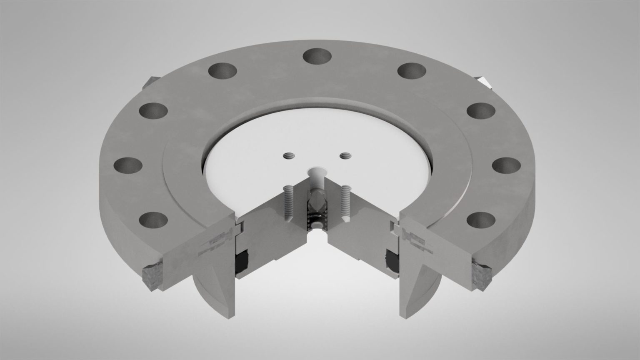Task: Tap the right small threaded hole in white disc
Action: tap(345, 156)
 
